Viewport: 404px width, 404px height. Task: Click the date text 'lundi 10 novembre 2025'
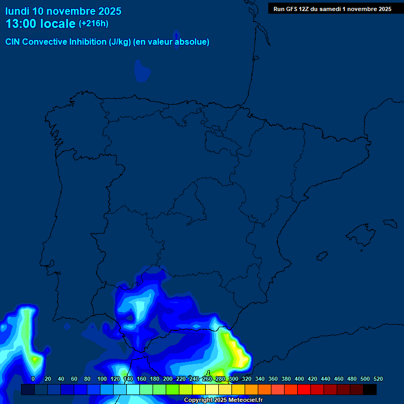click(63, 11)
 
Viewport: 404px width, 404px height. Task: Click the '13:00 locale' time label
click(40, 24)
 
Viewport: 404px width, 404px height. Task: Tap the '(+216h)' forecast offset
click(94, 24)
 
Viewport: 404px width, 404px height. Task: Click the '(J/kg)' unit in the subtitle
click(120, 42)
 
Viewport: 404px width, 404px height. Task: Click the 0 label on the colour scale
click(33, 379)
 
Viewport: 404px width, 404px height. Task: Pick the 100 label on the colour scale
click(102, 379)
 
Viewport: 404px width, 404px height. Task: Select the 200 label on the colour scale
click(168, 379)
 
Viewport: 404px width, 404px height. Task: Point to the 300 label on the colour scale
click(234, 379)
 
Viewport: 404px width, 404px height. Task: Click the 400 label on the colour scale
click(299, 379)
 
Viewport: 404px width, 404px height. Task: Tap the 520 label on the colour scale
click(378, 379)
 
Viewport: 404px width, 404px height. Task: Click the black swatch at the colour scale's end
click(370, 390)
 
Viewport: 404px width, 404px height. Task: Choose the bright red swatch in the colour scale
click(304, 390)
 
